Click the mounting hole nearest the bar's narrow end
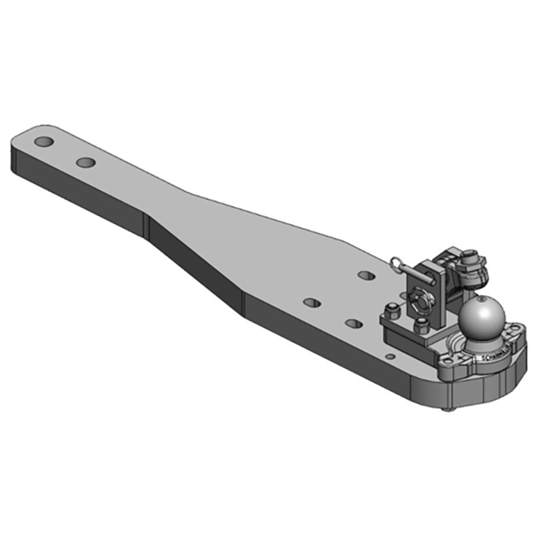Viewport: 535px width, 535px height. [44, 142]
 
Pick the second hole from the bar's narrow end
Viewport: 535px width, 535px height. [86, 162]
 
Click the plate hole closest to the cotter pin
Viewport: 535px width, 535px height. [365, 275]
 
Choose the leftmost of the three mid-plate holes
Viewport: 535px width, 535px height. [312, 302]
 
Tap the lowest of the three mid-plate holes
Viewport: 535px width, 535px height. [354, 324]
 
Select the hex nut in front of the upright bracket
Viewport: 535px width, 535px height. [422, 325]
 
